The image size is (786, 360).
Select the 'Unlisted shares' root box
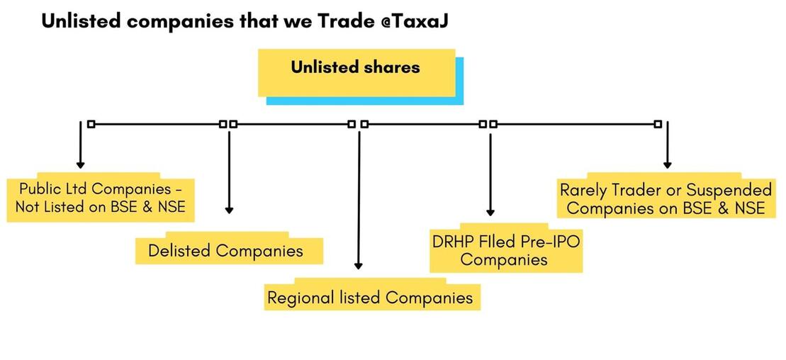pyautogui.click(x=356, y=72)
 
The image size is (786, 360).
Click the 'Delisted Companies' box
pyautogui.click(x=229, y=249)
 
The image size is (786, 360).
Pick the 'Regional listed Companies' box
pyautogui.click(x=372, y=296)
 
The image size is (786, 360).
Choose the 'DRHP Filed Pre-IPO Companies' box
pyautogui.click(x=506, y=249)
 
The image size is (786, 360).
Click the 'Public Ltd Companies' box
pyautogui.click(x=100, y=198)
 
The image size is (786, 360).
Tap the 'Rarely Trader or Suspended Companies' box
pyautogui.click(x=666, y=197)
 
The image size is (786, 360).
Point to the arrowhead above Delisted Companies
pyautogui.click(x=229, y=210)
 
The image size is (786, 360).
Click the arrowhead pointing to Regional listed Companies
pyautogui.click(x=359, y=266)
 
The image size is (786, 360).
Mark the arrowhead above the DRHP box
pyautogui.click(x=490, y=212)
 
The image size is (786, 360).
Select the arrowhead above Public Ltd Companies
pyautogui.click(x=80, y=165)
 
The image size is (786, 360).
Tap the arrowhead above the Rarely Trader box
pyautogui.click(x=667, y=164)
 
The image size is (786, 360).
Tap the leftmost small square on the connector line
pyautogui.click(x=91, y=124)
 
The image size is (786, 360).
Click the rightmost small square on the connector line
pyautogui.click(x=658, y=124)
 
